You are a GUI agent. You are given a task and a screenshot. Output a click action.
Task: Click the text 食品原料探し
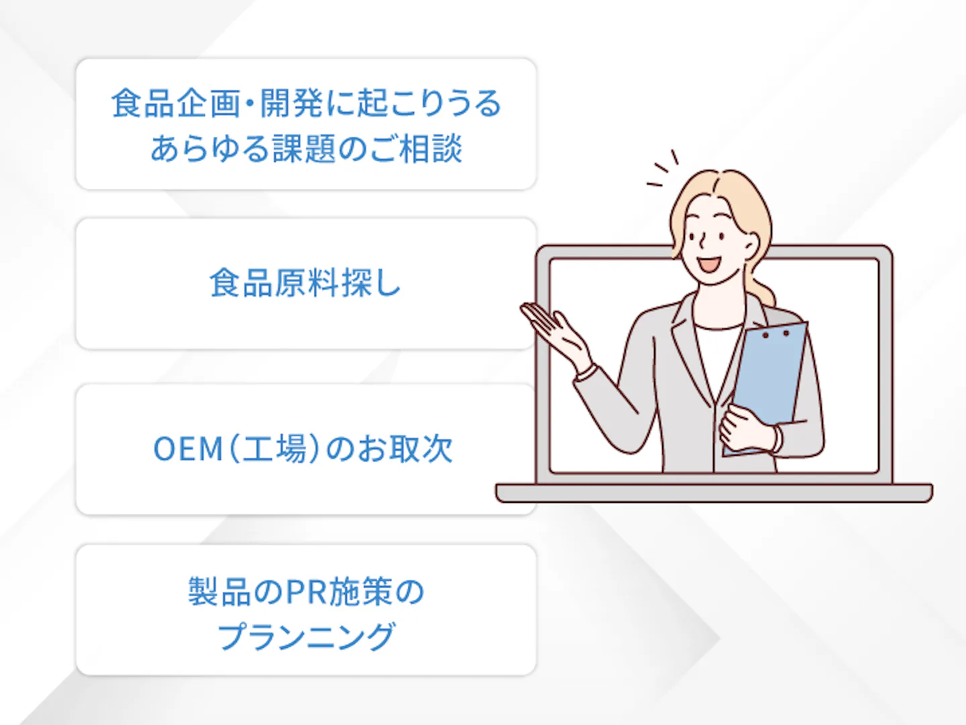(x=305, y=283)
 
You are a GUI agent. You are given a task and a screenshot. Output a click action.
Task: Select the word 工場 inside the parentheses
(x=274, y=449)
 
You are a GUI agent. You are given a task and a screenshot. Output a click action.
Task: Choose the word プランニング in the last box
(x=307, y=636)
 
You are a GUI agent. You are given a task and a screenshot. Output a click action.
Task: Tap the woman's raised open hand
(x=555, y=334)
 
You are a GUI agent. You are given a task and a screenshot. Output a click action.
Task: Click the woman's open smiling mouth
(x=710, y=264)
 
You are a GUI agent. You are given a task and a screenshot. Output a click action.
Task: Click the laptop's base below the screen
(x=714, y=493)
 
